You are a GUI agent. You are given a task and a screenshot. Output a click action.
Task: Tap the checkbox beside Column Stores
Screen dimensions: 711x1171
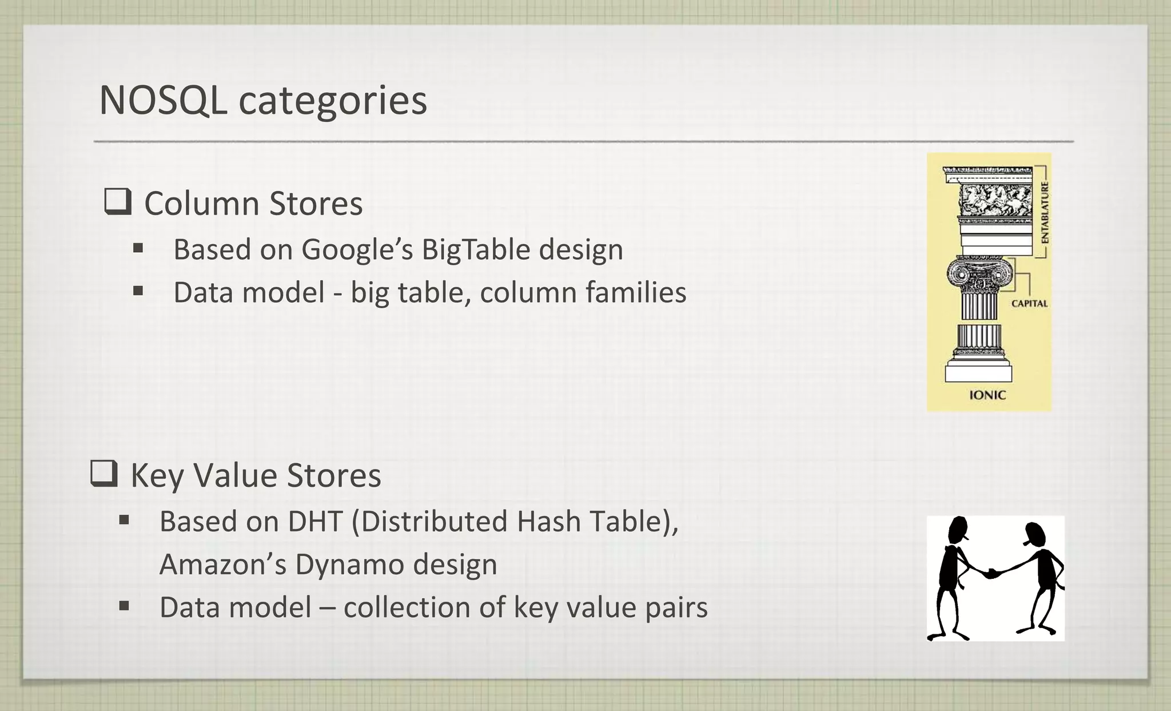pyautogui.click(x=118, y=202)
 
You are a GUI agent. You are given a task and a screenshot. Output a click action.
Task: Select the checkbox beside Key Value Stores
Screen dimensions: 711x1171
pyautogui.click(x=104, y=474)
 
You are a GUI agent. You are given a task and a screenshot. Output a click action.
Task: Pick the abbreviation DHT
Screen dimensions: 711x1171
pyautogui.click(x=314, y=521)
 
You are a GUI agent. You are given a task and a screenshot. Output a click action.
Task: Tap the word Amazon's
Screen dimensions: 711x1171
pyautogui.click(x=223, y=565)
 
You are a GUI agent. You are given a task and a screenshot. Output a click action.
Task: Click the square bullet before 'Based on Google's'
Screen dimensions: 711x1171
pyautogui.click(x=138, y=248)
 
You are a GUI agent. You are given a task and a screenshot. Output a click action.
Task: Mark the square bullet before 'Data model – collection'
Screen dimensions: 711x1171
pyautogui.click(x=124, y=605)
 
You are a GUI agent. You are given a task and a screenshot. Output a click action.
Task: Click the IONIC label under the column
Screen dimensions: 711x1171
pyautogui.click(x=987, y=395)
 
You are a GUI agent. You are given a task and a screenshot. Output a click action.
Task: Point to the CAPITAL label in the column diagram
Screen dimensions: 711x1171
pyautogui.click(x=1030, y=304)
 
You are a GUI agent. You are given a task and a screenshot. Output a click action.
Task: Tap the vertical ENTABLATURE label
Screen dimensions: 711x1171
pyautogui.click(x=1045, y=212)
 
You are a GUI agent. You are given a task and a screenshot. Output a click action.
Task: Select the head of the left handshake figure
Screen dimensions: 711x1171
pyautogui.click(x=958, y=529)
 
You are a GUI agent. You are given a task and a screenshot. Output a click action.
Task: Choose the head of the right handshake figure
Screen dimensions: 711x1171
pyautogui.click(x=1035, y=535)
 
